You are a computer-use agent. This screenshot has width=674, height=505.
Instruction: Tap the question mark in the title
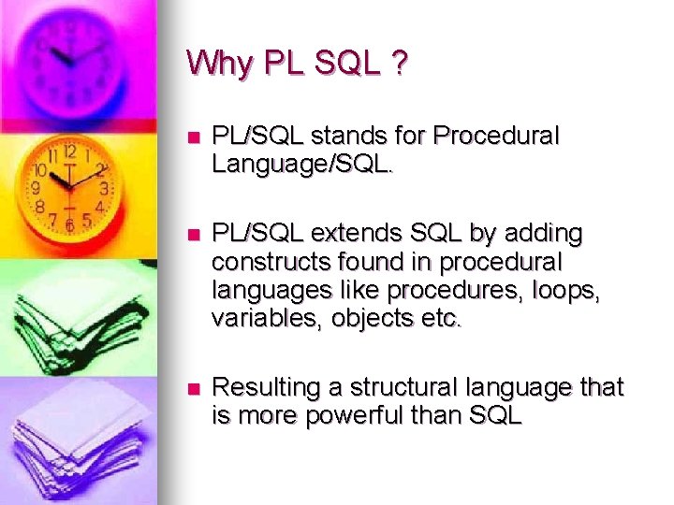coord(400,64)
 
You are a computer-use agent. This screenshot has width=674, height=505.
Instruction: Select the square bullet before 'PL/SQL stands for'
coord(194,137)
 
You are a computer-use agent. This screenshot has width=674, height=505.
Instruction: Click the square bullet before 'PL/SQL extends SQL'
coord(194,233)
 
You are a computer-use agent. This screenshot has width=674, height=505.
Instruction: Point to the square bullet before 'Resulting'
coord(194,388)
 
